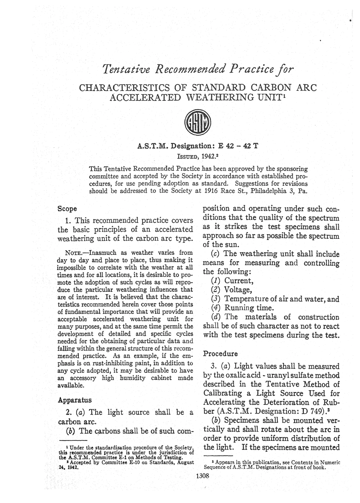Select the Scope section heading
click(67, 208)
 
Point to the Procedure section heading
click(221, 354)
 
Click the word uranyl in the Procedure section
click(280, 376)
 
